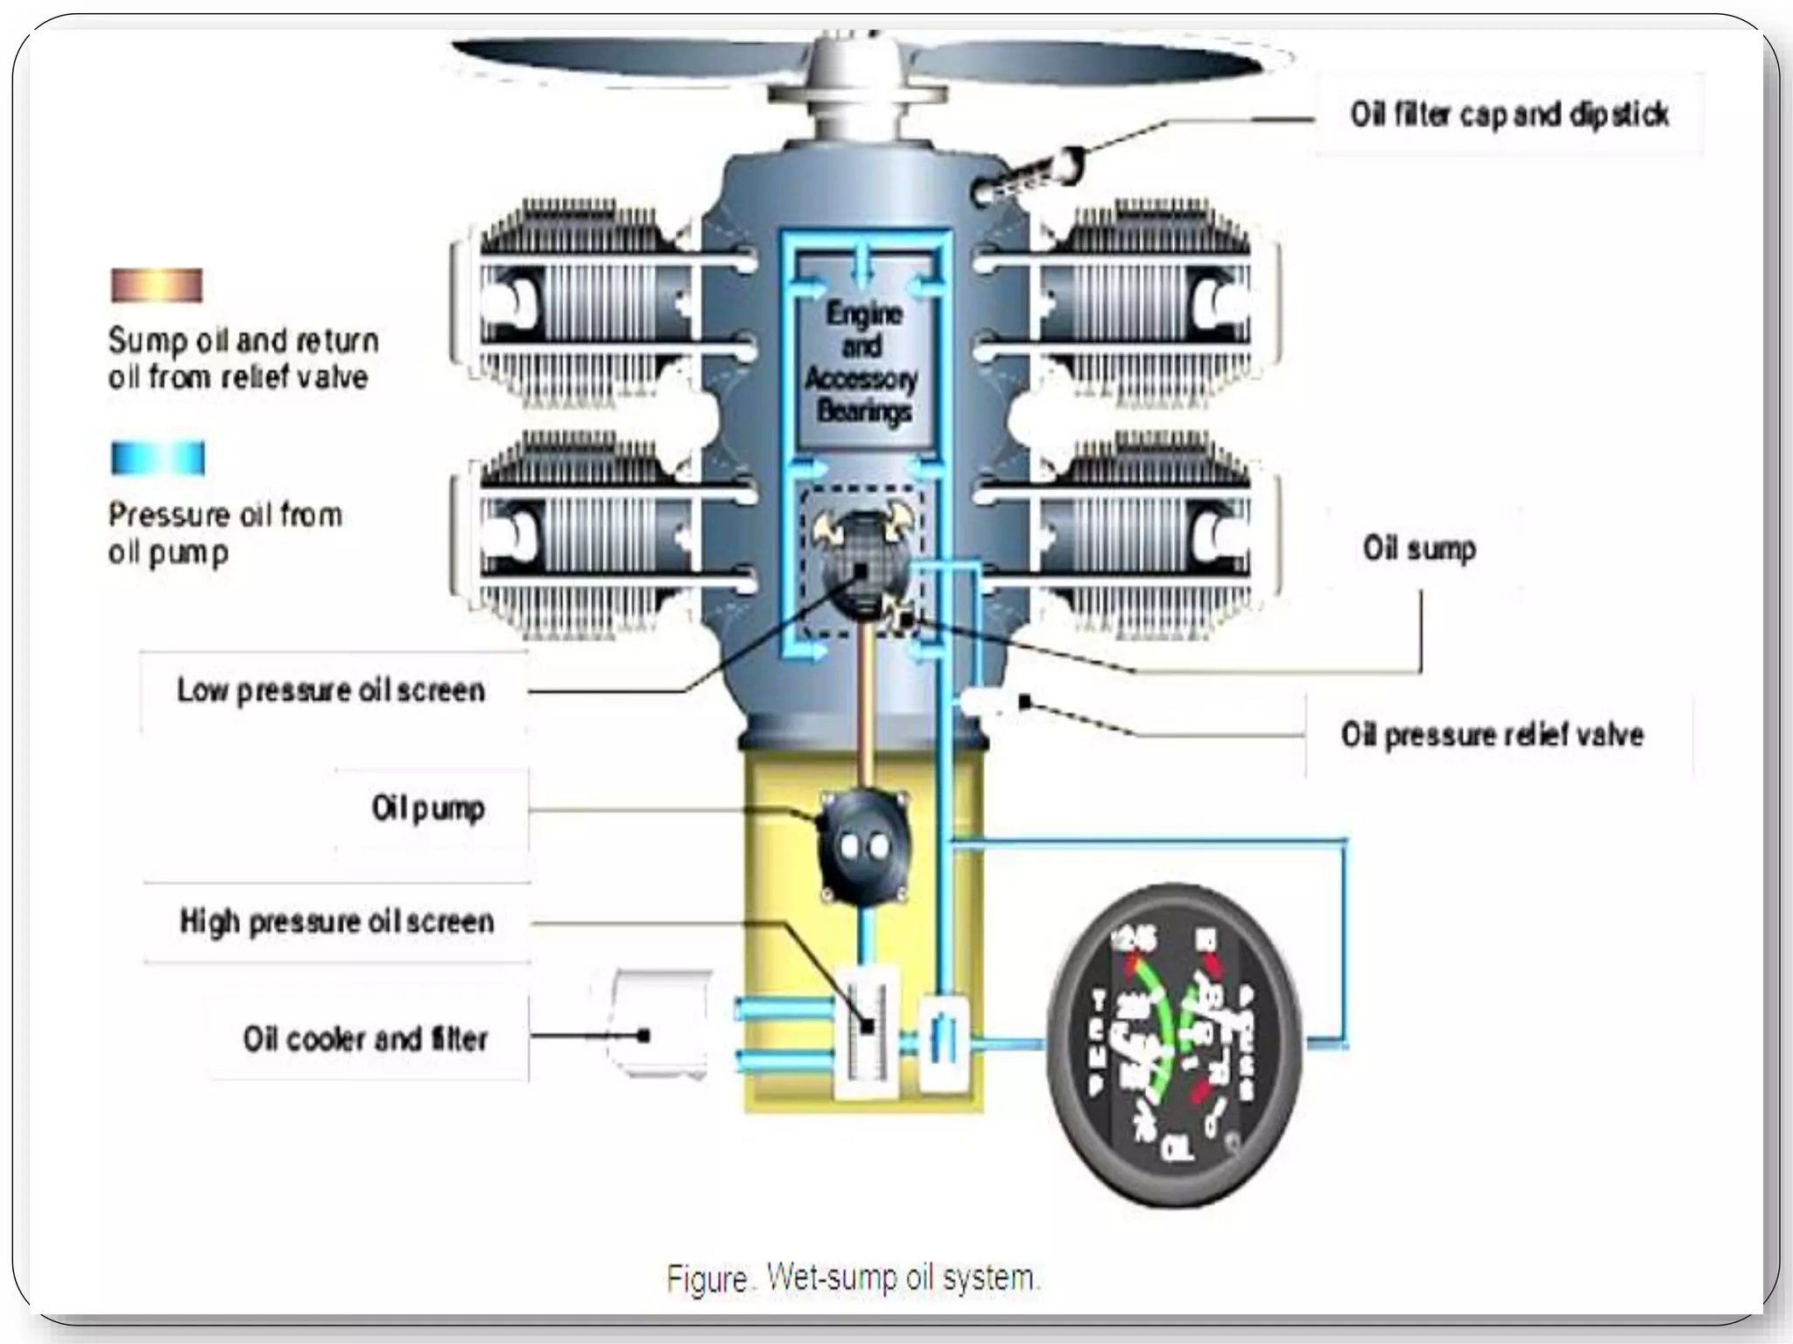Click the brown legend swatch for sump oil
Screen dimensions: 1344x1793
coord(157,285)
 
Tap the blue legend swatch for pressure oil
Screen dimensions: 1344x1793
coord(158,458)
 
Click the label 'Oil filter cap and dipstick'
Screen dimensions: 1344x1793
coord(1509,115)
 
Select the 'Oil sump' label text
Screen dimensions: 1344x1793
coord(1419,549)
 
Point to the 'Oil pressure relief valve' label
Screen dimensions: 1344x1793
coord(1492,734)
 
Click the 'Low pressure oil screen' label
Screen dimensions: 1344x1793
coord(331,690)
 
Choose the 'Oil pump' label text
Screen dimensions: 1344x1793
coord(428,808)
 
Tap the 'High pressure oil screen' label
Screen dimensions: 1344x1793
coord(337,921)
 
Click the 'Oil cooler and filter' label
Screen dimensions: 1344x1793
coord(365,1039)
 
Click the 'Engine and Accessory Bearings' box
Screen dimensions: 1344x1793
coord(862,362)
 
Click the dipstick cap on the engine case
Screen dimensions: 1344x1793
coord(1033,175)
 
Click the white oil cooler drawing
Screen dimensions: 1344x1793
coord(661,1024)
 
